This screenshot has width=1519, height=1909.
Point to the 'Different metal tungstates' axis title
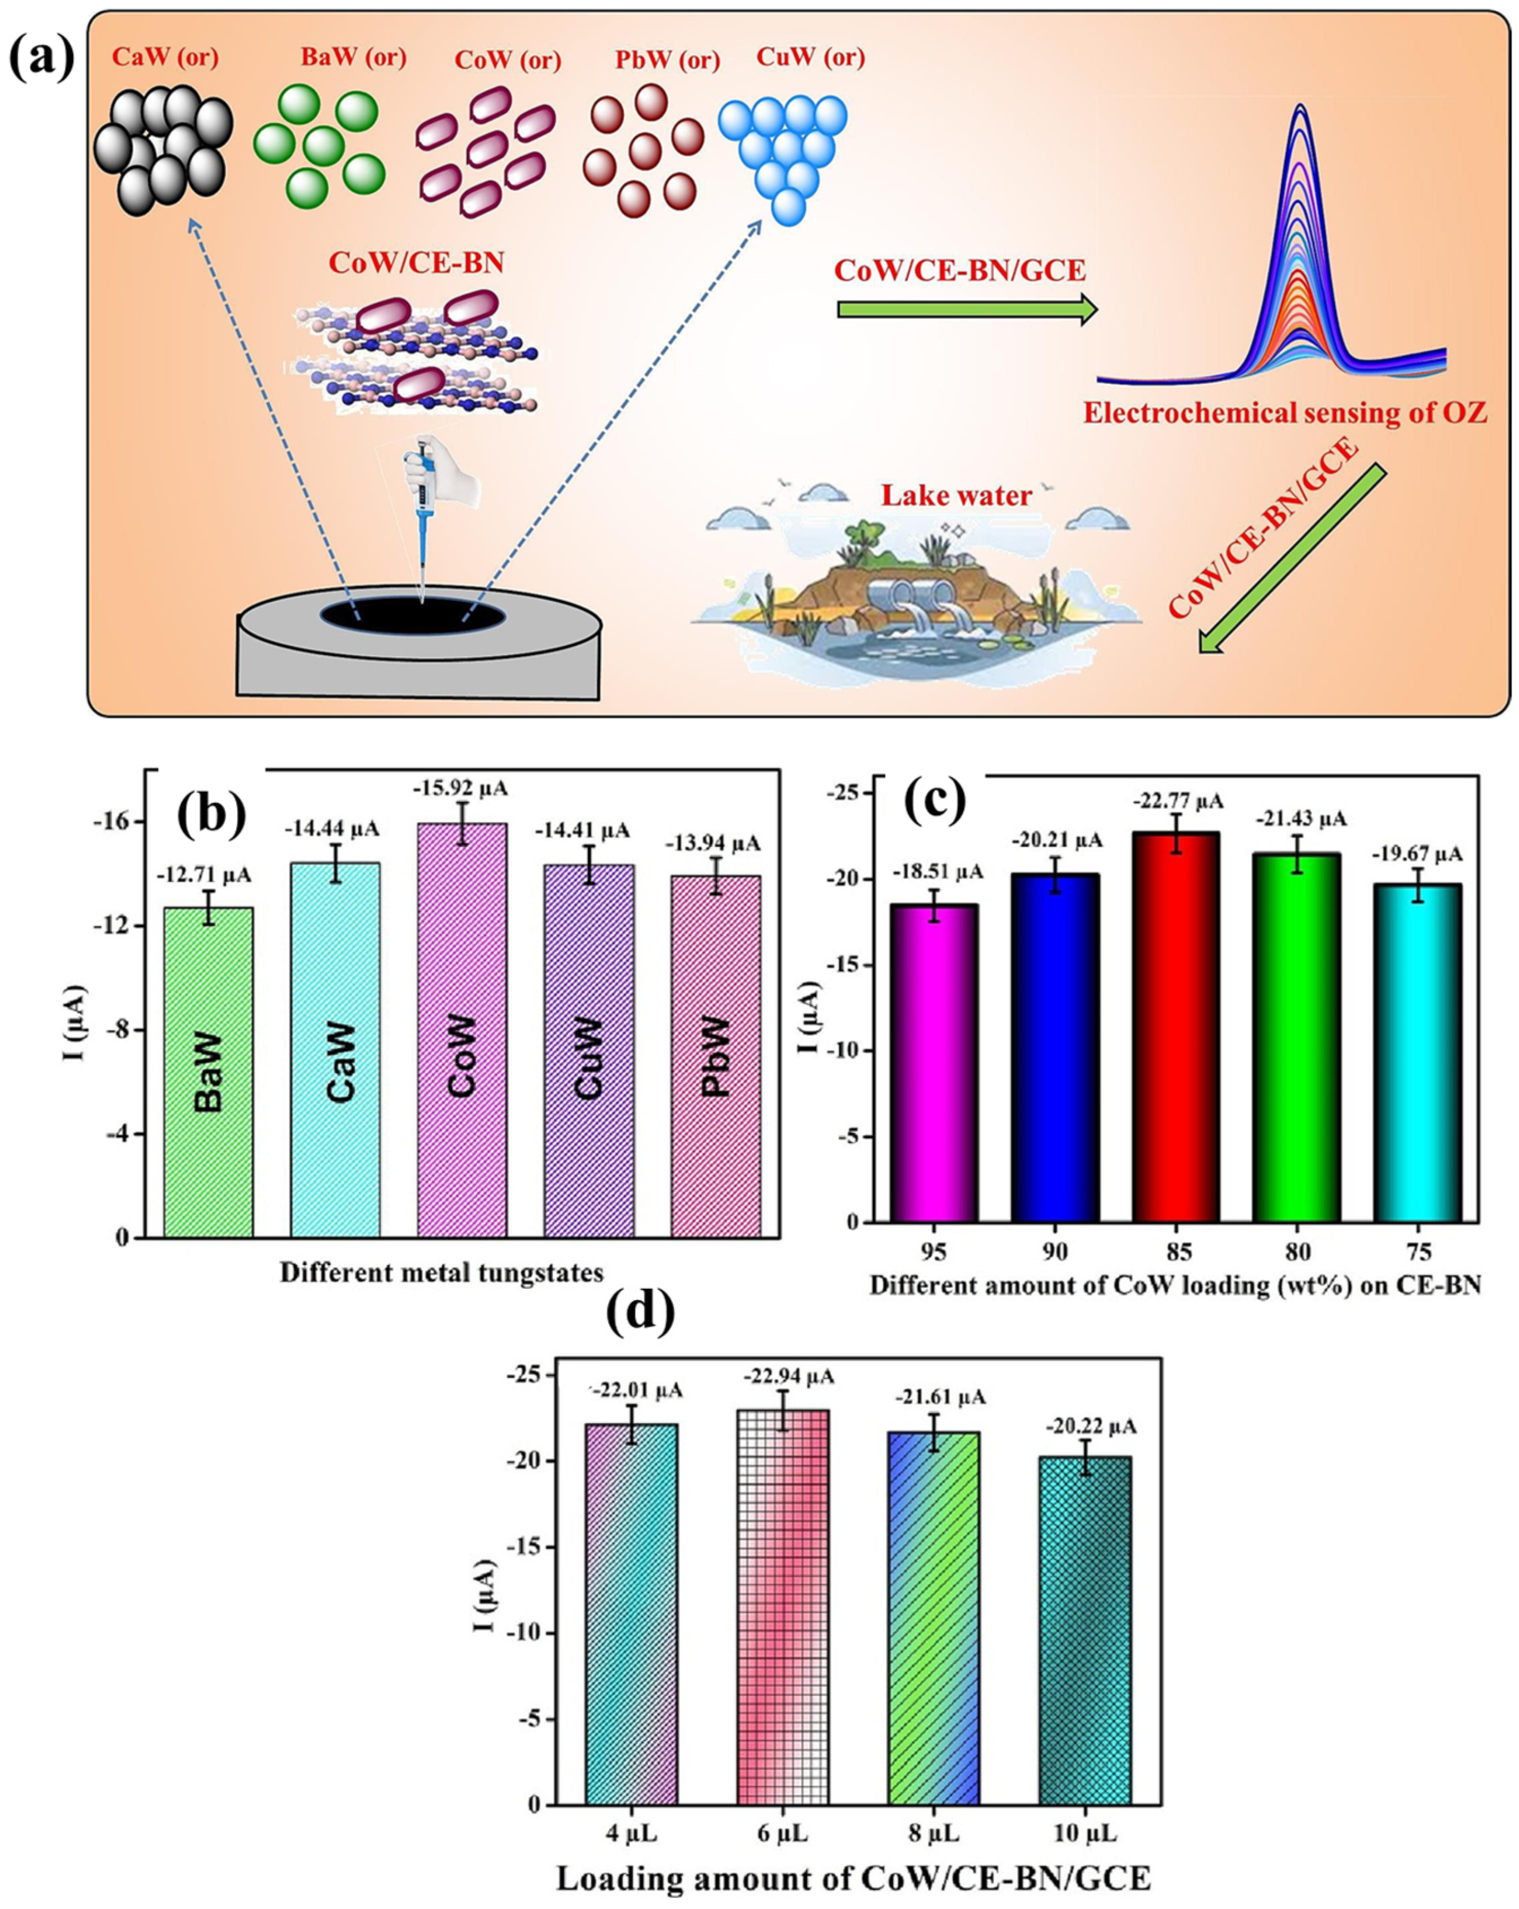[441, 1273]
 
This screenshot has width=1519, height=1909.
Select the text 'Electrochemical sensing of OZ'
[1285, 413]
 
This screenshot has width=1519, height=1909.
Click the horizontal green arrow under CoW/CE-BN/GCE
[966, 309]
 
